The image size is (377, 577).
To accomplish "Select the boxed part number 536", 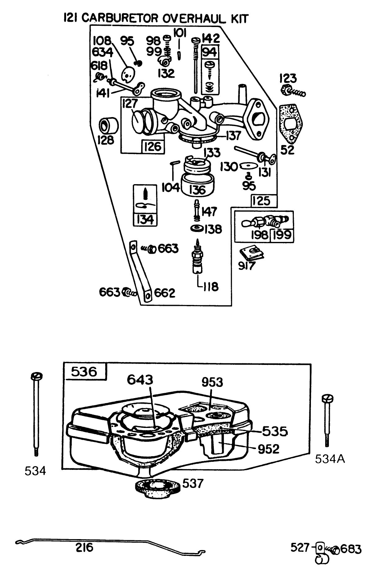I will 84,371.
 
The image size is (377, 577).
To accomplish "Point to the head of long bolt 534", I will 37,376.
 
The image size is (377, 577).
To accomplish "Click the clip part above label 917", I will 253,252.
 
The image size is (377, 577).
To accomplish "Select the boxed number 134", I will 145,219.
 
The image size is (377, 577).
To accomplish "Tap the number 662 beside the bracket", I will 165,293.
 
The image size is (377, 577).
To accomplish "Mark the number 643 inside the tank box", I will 140,380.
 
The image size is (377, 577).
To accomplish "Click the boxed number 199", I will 282,235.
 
